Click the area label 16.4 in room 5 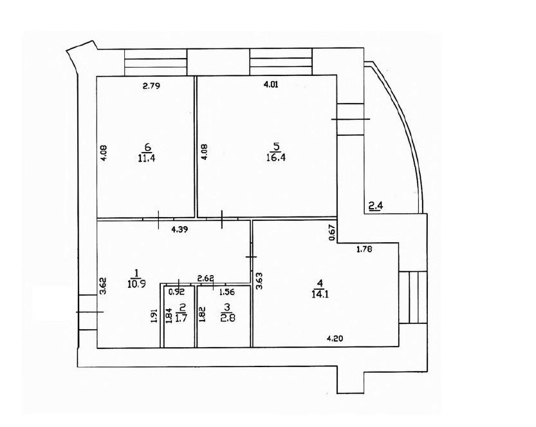[x=276, y=158]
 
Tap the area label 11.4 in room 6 [x=147, y=158]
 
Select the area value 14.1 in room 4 [x=320, y=294]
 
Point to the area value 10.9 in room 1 [x=136, y=284]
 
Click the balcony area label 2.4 [x=376, y=205]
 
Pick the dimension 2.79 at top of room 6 [x=151, y=86]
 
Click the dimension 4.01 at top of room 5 [x=271, y=84]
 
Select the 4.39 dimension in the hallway [x=179, y=229]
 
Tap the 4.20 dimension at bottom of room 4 [x=335, y=339]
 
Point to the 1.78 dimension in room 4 [x=364, y=249]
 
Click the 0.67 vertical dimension [x=331, y=232]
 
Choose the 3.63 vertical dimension [x=259, y=281]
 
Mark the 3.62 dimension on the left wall [x=103, y=286]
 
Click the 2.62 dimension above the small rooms [x=206, y=278]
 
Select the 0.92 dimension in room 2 [x=177, y=292]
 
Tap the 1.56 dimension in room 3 [x=226, y=292]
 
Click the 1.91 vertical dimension [x=154, y=316]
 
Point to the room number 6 [x=148, y=147]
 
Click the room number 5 [x=276, y=146]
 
